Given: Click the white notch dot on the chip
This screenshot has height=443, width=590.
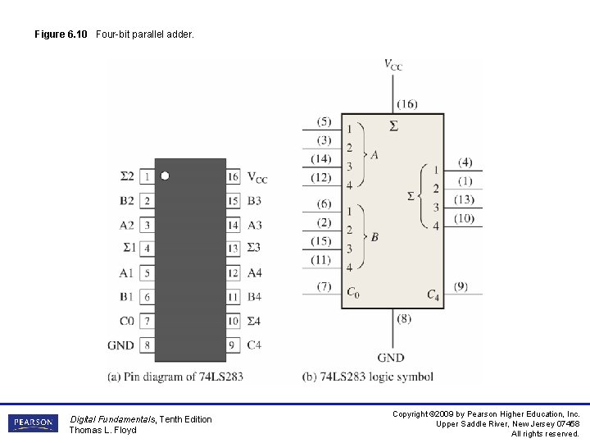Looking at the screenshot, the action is click(x=165, y=176).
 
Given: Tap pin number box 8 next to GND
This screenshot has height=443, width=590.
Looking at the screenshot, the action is click(x=147, y=345).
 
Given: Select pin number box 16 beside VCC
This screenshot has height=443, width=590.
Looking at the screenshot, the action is click(x=234, y=176).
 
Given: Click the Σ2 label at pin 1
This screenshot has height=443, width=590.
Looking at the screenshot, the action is click(x=126, y=176).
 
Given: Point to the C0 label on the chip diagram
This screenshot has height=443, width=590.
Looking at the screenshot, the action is click(x=126, y=321).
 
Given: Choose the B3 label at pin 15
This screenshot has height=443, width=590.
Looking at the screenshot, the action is click(x=255, y=200).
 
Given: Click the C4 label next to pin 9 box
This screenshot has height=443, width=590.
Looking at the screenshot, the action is click(x=254, y=345).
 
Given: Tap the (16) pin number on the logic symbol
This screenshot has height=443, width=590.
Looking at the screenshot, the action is click(x=406, y=104).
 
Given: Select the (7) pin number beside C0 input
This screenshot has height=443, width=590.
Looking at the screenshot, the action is click(x=324, y=286).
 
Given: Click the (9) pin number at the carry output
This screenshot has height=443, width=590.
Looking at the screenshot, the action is click(x=461, y=286).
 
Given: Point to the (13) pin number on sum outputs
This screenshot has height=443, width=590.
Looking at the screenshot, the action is click(x=465, y=199).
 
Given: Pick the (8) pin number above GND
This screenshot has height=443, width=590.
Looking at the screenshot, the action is click(x=404, y=318).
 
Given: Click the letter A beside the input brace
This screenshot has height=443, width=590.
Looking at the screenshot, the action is click(x=374, y=154).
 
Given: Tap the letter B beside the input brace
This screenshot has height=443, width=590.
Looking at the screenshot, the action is click(x=374, y=237).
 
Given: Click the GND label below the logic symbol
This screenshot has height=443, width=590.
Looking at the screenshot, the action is click(x=391, y=358).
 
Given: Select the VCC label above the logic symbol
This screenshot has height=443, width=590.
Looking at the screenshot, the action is click(x=393, y=64).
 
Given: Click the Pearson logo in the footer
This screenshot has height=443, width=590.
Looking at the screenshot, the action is click(x=34, y=423).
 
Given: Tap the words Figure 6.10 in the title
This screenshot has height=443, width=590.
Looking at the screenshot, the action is click(x=61, y=34).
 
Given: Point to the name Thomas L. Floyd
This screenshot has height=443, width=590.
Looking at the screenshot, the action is click(x=102, y=430).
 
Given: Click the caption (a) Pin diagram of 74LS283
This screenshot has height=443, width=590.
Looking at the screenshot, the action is click(x=175, y=377).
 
